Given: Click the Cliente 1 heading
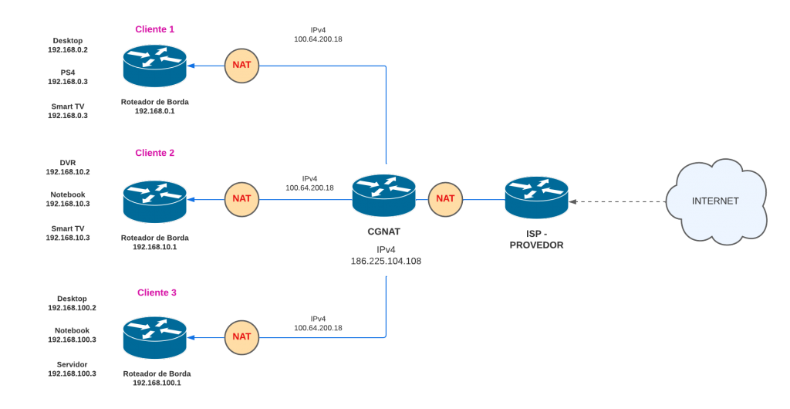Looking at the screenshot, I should tap(155, 29).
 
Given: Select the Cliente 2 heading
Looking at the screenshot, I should tap(155, 153).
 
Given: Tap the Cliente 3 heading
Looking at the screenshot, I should tap(157, 292).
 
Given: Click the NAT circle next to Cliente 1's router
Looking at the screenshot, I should tap(241, 66).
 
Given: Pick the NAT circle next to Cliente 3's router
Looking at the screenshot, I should tap(241, 336).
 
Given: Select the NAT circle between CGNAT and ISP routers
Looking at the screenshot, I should tap(445, 198).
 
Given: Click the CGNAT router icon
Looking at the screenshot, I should tap(383, 195).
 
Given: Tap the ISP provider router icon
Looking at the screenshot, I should tap(536, 198).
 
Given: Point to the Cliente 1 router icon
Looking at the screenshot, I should tap(154, 65).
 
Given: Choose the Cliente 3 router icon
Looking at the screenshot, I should tap(154, 336).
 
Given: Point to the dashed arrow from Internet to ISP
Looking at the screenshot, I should tap(617, 201).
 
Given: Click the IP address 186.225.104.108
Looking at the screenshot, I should tap(386, 262).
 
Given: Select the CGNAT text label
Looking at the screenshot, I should tap(384, 231).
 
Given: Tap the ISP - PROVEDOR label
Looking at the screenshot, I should tap(536, 239).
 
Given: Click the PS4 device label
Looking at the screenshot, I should tap(68, 72).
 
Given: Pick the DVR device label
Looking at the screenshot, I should tap(68, 163).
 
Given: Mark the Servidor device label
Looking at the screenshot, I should tap(72, 363).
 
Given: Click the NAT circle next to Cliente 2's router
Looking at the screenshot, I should tap(241, 198).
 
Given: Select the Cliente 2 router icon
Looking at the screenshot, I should tap(154, 201).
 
